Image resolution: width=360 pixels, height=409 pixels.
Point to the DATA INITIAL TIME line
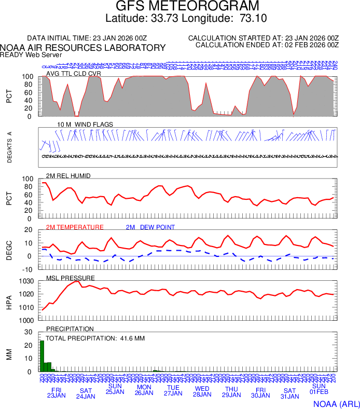tap(87, 38)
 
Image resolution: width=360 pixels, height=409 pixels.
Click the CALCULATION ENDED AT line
tap(267, 45)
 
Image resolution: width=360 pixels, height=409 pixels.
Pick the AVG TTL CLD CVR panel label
tap(74, 74)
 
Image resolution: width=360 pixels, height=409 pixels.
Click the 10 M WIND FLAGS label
tap(85, 125)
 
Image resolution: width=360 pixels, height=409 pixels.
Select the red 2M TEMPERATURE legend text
tap(75, 227)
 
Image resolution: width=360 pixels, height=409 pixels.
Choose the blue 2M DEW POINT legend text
tap(150, 227)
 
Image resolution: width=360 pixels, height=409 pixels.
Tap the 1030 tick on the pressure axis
tap(27, 281)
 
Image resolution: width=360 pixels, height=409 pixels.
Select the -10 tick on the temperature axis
tap(28, 269)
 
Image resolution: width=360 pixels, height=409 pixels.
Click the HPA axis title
tap(9, 301)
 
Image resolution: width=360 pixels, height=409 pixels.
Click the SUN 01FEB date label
tap(319, 390)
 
